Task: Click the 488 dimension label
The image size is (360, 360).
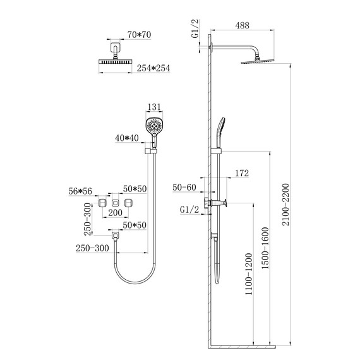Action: pos(243,25)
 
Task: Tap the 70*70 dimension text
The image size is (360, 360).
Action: pos(140,35)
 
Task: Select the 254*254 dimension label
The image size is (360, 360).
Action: pos(153,68)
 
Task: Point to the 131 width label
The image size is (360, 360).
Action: pos(154,107)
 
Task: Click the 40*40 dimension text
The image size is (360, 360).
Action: pos(127,138)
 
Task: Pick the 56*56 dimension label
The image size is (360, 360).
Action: pos(80,191)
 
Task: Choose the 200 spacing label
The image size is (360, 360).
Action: pos(115,213)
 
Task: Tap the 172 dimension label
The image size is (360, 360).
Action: pos(242,173)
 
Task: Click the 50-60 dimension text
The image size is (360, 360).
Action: pos(184,188)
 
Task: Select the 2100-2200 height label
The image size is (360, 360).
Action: pos(285,205)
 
